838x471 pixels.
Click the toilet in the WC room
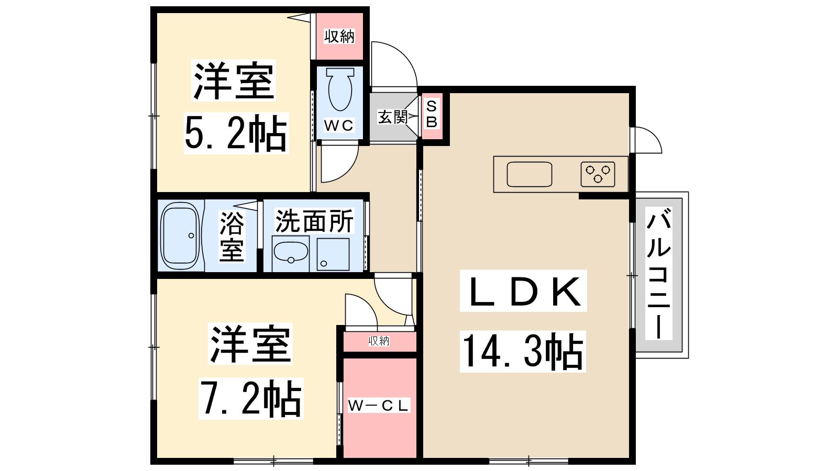[x=340, y=89]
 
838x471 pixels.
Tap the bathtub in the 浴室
[x=180, y=236]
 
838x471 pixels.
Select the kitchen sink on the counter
[x=530, y=174]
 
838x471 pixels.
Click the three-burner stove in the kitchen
[x=598, y=174]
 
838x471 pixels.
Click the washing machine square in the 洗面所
[x=333, y=254]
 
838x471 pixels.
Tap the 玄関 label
[x=392, y=117]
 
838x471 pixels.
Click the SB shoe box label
[x=432, y=114]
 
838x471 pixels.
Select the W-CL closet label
[x=378, y=405]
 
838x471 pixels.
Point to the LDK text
[x=523, y=291]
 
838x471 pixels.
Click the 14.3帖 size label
[x=523, y=351]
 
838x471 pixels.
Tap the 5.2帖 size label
[x=236, y=133]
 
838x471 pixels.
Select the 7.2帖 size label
[x=251, y=398]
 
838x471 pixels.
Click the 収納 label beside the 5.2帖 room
[x=339, y=36]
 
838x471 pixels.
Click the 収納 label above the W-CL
[x=379, y=341]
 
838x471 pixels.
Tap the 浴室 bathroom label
[x=231, y=237]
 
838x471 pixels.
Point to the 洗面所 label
[x=314, y=221]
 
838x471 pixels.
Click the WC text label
[x=338, y=126]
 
